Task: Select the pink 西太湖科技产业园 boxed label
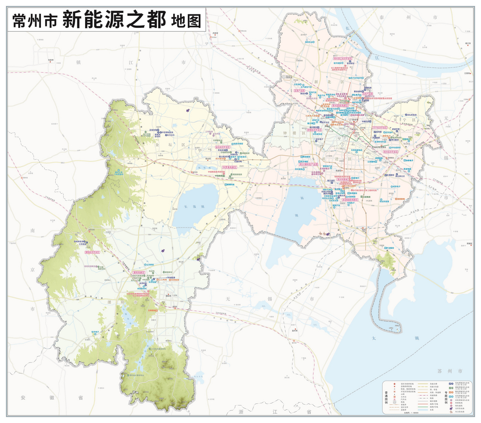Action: click(309, 164)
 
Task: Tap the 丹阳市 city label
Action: click(51, 61)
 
